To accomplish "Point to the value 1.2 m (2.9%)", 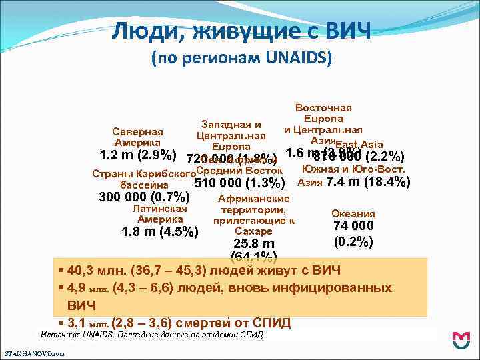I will pyautogui.click(x=137, y=157).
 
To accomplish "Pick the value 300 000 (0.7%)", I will pyautogui.click(x=144, y=197).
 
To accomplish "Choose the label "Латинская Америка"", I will pyautogui.click(x=160, y=214).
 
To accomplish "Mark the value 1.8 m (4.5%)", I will pyautogui.click(x=160, y=233).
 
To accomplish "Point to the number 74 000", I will pyautogui.click(x=353, y=227).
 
